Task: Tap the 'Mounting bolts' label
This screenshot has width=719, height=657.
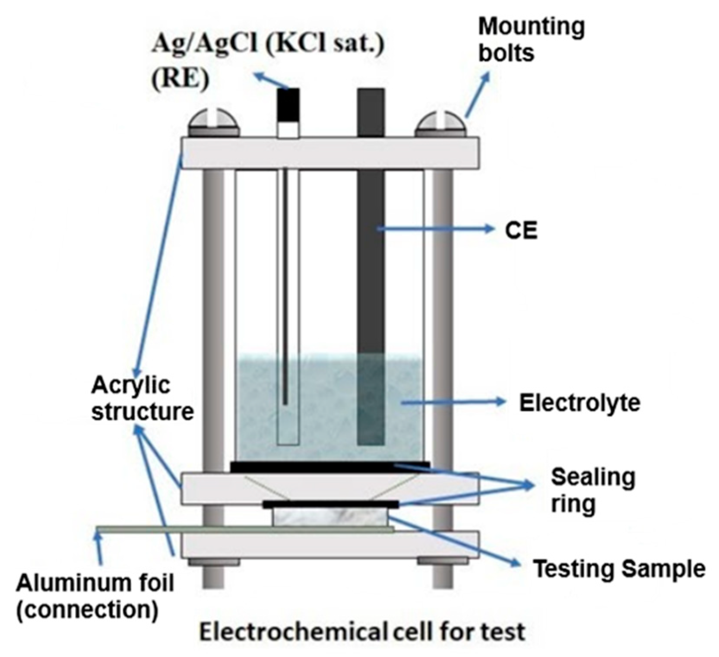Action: pyautogui.click(x=531, y=40)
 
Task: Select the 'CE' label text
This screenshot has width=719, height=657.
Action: pyautogui.click(x=521, y=231)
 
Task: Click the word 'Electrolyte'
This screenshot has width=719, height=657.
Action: pyautogui.click(x=579, y=403)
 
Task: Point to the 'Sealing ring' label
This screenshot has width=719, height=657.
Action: pyautogui.click(x=592, y=490)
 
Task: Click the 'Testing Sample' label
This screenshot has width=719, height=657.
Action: pyautogui.click(x=619, y=568)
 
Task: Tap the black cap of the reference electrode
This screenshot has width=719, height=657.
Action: pyautogui.click(x=288, y=104)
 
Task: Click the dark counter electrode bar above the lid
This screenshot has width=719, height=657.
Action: pyautogui.click(x=371, y=112)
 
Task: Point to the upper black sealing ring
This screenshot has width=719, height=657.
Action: pyautogui.click(x=330, y=467)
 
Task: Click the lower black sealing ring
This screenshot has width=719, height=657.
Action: pyautogui.click(x=330, y=504)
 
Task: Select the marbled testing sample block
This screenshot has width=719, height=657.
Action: pyautogui.click(x=330, y=517)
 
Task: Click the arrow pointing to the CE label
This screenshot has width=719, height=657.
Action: pyautogui.click(x=436, y=229)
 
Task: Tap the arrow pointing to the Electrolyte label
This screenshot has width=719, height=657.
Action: pyautogui.click(x=453, y=402)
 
